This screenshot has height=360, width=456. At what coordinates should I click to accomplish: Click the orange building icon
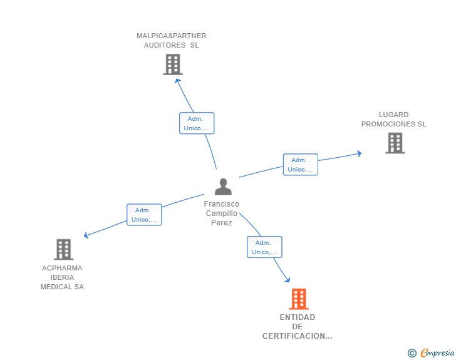299,299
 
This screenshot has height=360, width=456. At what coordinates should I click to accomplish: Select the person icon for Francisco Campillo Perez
223,187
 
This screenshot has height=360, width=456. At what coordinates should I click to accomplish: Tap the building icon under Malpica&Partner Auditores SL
173,64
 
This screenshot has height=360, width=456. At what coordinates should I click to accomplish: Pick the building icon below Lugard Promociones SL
395,143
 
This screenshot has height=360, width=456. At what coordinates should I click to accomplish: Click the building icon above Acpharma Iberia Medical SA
63,249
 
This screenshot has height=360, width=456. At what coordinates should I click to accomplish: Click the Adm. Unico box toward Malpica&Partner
197,123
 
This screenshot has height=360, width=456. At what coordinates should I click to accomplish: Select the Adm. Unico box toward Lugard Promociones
301,165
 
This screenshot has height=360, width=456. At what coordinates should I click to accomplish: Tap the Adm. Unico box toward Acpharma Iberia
144,215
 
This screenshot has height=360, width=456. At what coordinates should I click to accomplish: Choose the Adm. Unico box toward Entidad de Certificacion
264,247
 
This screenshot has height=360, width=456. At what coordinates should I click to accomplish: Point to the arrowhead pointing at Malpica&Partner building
177,81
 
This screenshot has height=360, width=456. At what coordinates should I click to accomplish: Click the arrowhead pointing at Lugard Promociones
359,153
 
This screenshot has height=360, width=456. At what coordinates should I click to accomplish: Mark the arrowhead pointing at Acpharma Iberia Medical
86,235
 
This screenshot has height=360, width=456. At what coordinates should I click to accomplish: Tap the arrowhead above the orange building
288,280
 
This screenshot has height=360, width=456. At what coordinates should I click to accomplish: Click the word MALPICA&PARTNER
171,36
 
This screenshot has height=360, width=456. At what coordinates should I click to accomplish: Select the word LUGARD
393,115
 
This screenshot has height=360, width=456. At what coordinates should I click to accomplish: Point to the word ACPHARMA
62,268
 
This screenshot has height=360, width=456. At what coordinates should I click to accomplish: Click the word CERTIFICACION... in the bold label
297,336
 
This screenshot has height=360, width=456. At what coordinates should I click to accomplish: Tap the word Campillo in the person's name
221,213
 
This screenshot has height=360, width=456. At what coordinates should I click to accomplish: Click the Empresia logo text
437,352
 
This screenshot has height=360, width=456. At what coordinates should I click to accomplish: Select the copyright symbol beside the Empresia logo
412,353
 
